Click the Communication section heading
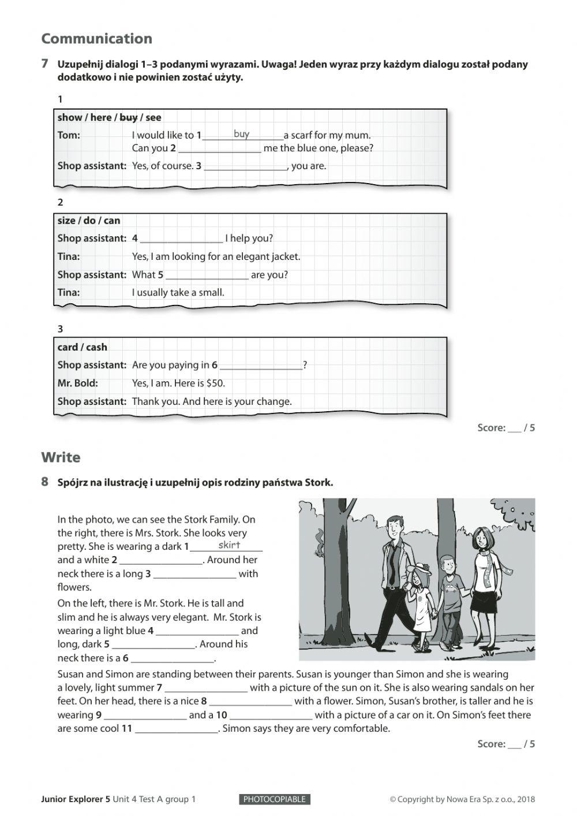96,39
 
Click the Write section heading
61,457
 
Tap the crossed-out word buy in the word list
128,117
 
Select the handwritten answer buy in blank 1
242,134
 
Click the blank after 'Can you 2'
219,149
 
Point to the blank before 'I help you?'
181,239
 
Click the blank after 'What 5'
207,275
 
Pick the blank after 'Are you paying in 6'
260,366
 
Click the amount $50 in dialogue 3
215,383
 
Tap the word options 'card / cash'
82,347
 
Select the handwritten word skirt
229,545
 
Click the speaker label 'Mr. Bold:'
77,383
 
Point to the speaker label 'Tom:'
69,135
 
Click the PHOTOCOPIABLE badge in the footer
274,799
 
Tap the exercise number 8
45,482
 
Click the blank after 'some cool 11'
176,729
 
